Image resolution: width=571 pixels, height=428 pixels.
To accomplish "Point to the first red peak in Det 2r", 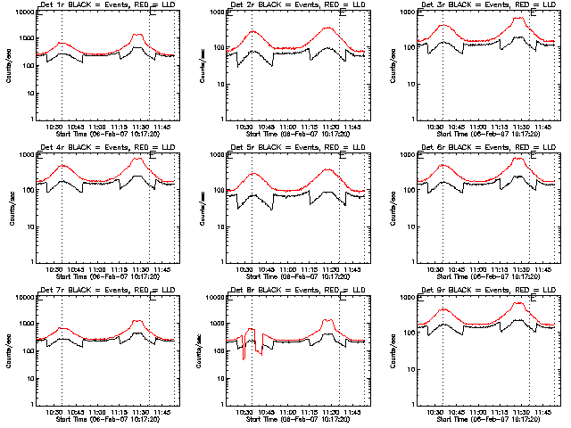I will coord(253,32).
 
